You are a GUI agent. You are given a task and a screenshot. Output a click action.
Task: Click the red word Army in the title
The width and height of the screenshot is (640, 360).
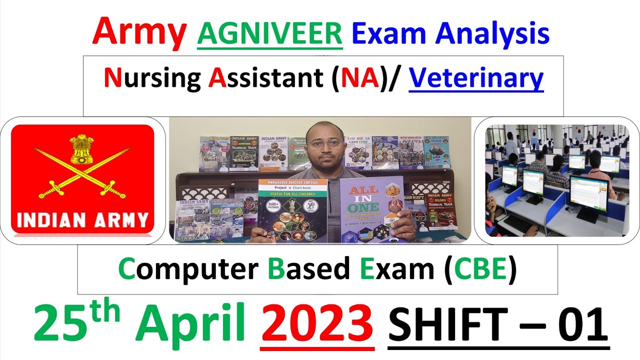pos(139,33)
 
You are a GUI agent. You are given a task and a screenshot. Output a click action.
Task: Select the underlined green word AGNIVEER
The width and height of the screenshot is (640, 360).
pos(270,33)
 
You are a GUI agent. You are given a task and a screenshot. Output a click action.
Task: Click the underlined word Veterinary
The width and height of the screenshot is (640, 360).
pos(476,78)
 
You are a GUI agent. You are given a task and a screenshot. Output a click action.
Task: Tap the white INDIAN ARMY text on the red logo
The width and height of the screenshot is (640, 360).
pos(82,220)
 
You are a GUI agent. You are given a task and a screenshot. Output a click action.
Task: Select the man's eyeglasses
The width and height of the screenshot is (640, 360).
pos(325,144)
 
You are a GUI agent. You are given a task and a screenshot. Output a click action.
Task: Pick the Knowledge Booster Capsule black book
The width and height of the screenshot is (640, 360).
pos(292,210)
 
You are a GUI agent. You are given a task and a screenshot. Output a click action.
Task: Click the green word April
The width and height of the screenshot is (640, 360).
pos(197,322)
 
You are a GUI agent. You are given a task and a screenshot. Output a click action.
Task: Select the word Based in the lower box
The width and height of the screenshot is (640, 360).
pos(308,270)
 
